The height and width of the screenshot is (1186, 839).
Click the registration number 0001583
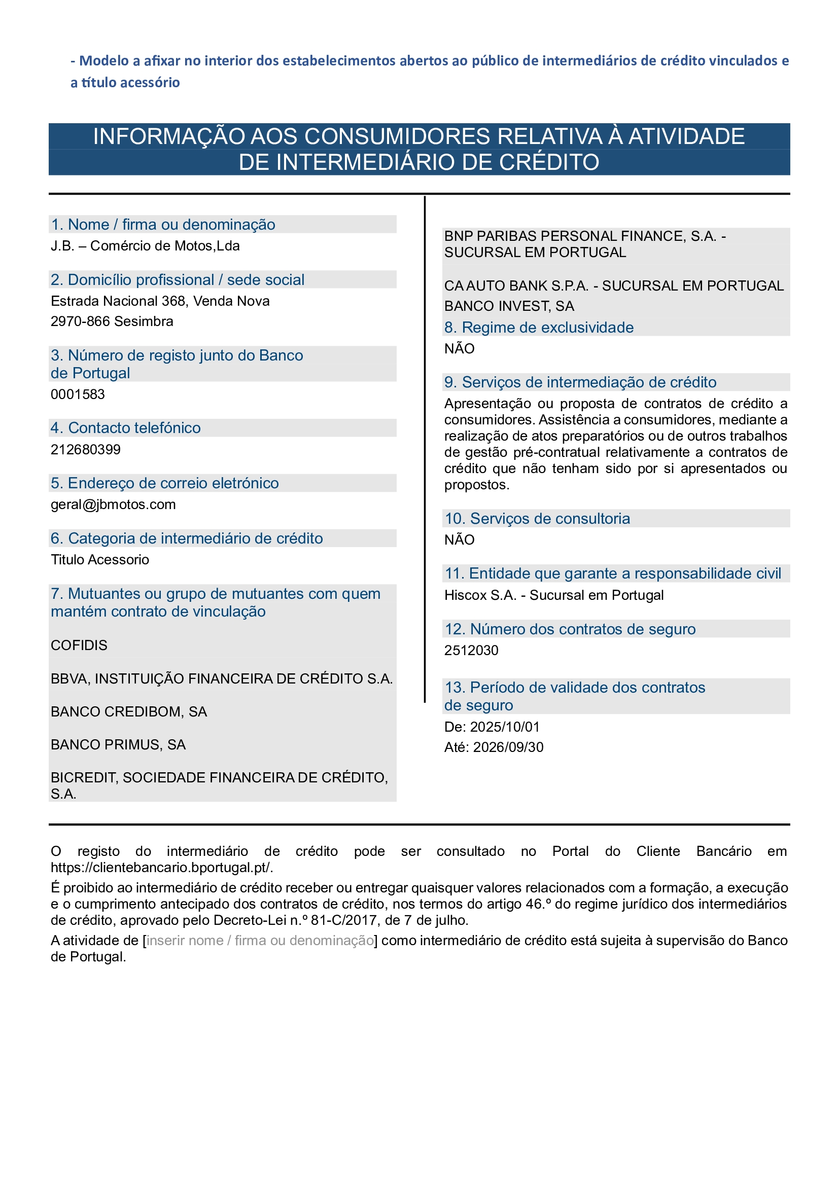click(78, 394)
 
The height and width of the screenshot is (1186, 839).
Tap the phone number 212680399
click(85, 449)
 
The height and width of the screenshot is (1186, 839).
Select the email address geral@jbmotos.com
click(113, 504)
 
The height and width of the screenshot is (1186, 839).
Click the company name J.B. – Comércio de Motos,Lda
click(145, 245)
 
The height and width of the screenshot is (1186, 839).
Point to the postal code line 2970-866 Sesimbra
click(112, 321)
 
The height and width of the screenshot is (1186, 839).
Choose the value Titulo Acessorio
click(100, 559)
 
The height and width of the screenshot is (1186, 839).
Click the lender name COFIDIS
click(79, 645)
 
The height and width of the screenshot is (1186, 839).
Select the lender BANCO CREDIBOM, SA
click(129, 711)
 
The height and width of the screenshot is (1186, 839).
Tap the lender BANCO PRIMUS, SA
click(118, 744)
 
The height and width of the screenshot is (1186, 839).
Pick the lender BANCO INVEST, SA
click(509, 306)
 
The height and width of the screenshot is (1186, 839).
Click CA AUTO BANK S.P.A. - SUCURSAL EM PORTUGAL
click(614, 285)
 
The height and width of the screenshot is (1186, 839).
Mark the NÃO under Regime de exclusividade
click(459, 349)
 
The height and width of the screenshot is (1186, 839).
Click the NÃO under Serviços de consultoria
click(459, 540)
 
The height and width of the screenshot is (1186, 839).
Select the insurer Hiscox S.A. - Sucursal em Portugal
click(554, 595)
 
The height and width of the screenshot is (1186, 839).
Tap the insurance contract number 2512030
click(471, 651)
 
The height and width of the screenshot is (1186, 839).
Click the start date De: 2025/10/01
click(492, 727)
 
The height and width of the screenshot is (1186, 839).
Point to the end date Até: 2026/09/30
click(494, 747)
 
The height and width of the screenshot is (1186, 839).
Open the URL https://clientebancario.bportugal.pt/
click(162, 867)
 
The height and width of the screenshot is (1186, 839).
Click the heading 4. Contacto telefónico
click(125, 428)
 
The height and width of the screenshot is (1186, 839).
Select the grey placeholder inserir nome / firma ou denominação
click(260, 940)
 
